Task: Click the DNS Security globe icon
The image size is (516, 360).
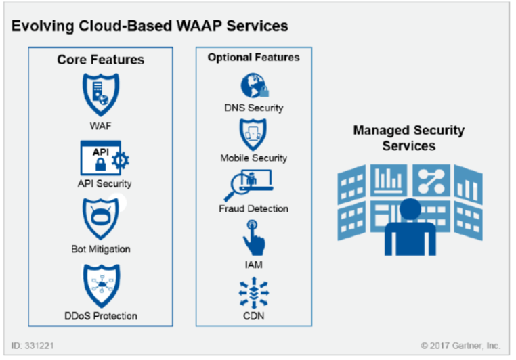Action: (x=254, y=86)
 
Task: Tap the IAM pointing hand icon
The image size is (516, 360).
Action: (x=254, y=237)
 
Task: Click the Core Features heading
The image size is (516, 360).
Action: (x=100, y=60)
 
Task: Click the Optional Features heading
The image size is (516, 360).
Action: (x=253, y=58)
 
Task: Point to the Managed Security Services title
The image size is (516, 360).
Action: (x=408, y=137)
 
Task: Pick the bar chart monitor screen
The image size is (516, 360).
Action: (x=389, y=179)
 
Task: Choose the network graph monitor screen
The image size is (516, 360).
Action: (x=431, y=179)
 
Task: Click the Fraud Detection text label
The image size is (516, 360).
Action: (x=253, y=209)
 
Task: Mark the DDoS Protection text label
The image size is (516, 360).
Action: (x=100, y=315)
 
